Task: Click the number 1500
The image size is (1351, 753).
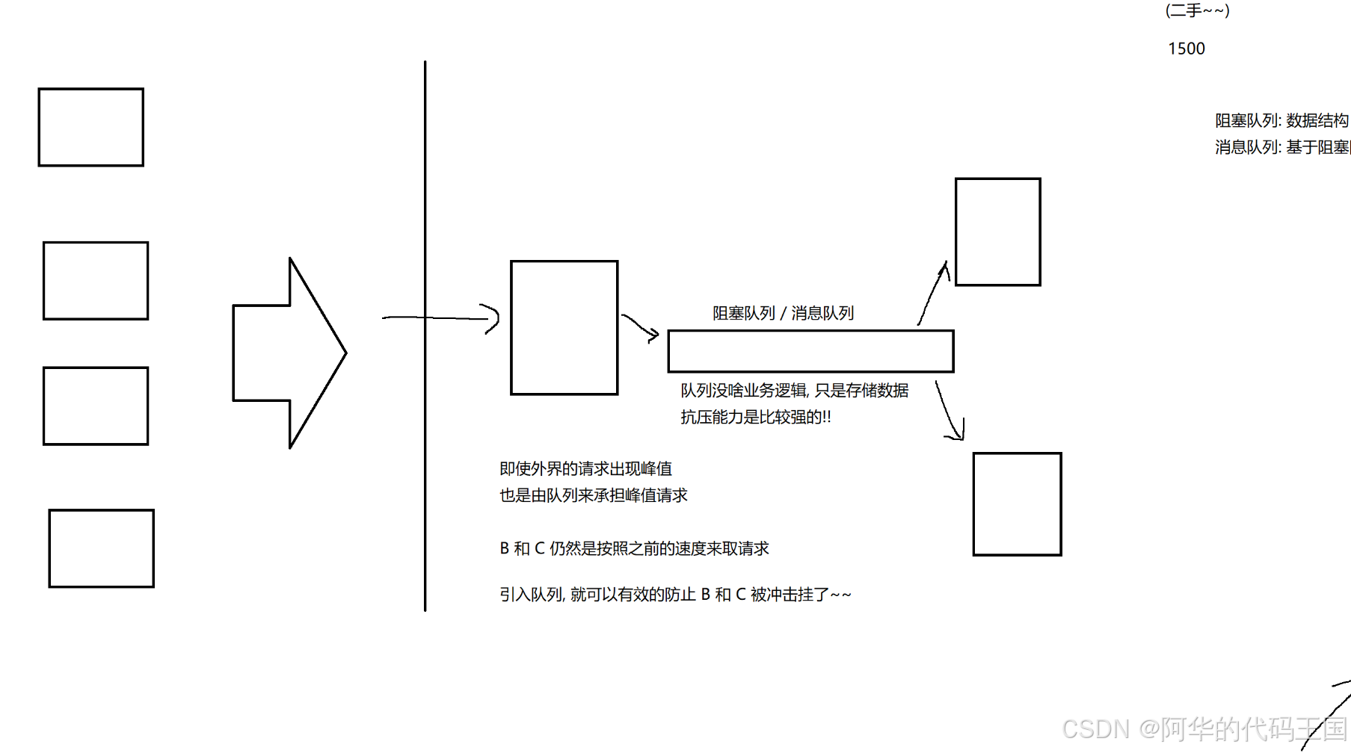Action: tap(1187, 49)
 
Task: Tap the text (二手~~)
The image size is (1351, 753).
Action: tap(1197, 10)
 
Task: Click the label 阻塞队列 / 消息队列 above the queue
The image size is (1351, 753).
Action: tap(783, 313)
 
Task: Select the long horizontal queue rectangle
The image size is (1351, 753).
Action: tap(810, 351)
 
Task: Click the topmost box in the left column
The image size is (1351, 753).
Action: tap(91, 127)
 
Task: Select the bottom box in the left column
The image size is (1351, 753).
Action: tap(102, 548)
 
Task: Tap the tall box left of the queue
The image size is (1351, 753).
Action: tap(564, 327)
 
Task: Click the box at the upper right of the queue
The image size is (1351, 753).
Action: tap(997, 232)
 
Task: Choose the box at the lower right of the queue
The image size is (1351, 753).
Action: tap(1017, 503)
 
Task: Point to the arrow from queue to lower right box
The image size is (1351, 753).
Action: tap(947, 411)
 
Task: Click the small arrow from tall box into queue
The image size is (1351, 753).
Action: tap(640, 327)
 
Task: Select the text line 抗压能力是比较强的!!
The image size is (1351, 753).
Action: tap(755, 417)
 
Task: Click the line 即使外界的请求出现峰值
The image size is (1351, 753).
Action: tap(585, 468)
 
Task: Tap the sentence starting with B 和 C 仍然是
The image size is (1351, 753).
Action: tap(634, 548)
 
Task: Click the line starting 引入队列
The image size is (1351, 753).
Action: tap(674, 595)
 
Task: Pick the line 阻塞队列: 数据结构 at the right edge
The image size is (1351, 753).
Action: tap(1281, 120)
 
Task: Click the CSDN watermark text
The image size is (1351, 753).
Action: tap(1204, 728)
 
